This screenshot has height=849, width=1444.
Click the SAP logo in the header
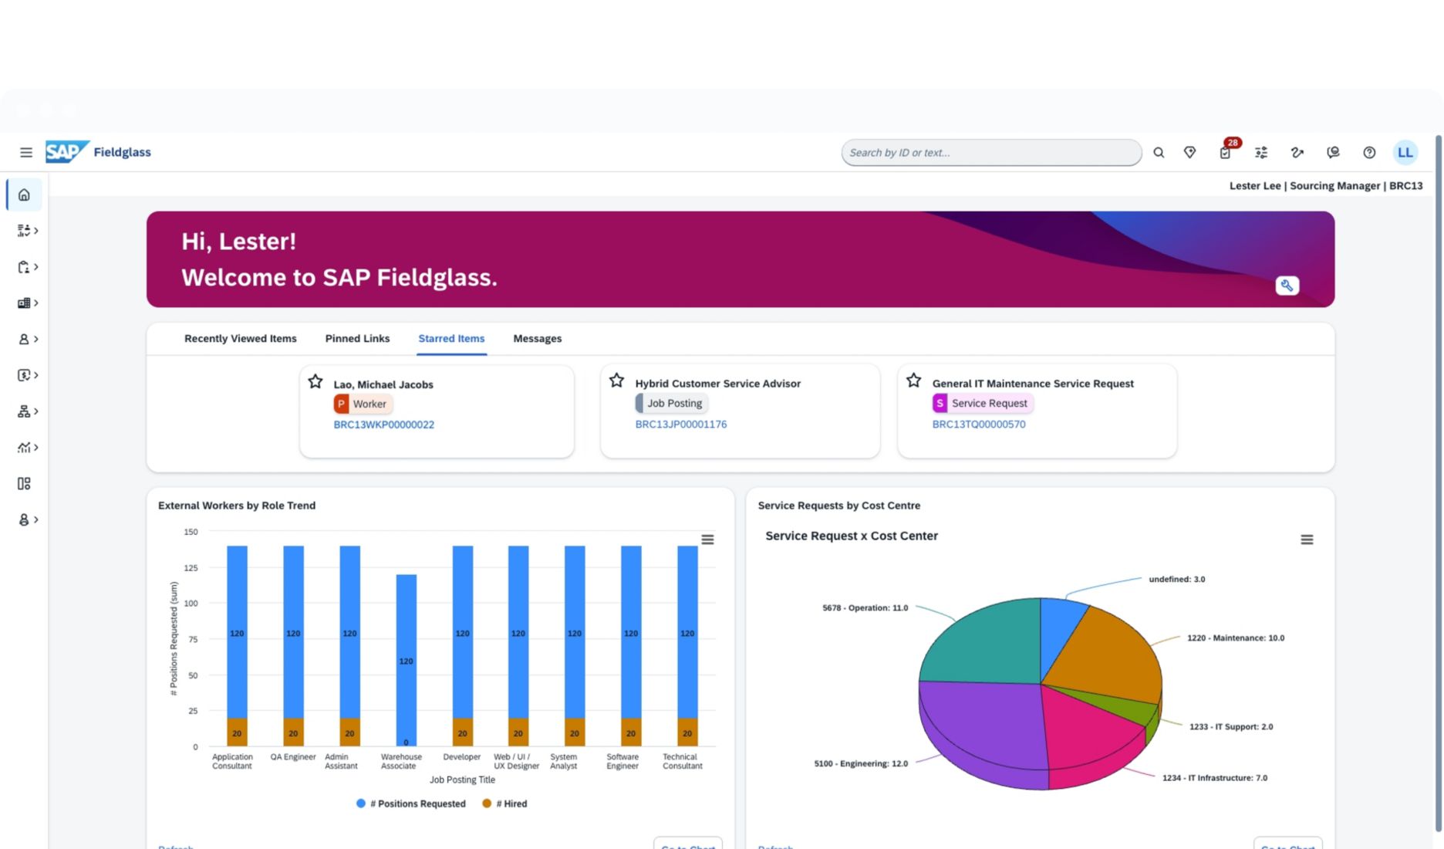tap(66, 152)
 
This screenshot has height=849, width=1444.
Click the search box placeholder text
tap(899, 153)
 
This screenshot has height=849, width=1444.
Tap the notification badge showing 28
tap(1232, 143)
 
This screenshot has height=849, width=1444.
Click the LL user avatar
tap(1405, 153)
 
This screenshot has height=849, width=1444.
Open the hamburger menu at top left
tap(26, 153)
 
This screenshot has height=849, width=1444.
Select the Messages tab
tap(537, 339)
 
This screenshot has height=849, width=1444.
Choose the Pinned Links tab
tap(357, 339)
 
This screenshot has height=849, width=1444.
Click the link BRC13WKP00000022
tap(383, 424)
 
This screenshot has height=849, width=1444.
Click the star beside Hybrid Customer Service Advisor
tap(616, 381)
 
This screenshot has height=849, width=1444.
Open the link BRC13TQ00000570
tap(978, 424)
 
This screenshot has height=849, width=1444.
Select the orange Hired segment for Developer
tap(462, 732)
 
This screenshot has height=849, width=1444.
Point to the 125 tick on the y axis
tap(191, 568)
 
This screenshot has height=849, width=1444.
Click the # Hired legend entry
tap(506, 803)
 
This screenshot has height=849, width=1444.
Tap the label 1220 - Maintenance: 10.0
tap(1235, 638)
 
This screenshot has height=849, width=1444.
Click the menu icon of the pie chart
tap(1306, 540)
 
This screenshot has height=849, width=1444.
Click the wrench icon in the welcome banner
tap(1287, 286)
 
